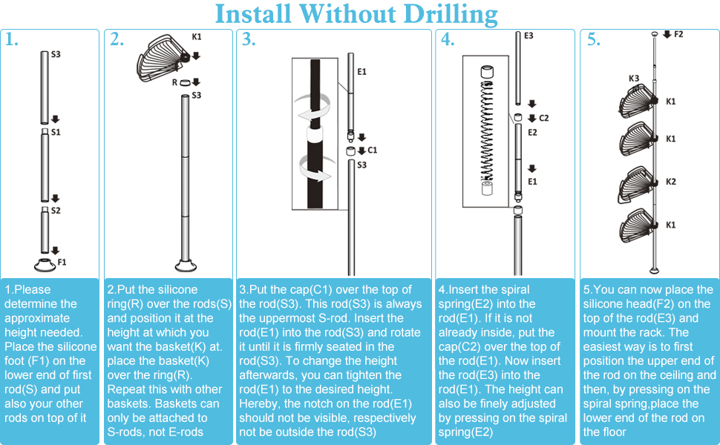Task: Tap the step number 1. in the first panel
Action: [11, 40]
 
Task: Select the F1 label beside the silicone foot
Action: [62, 262]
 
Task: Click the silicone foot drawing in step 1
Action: [45, 265]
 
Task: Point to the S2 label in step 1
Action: [56, 211]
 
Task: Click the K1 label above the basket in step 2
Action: [197, 36]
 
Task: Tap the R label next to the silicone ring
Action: [174, 82]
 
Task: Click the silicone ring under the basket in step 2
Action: [185, 83]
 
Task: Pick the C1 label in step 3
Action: [372, 150]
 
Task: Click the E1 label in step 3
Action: [361, 71]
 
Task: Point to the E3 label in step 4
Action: [528, 36]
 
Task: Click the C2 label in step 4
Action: [543, 118]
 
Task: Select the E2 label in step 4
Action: [532, 133]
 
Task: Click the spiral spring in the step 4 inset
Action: [487, 131]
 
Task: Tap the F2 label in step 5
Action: [678, 34]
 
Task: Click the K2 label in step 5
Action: [671, 182]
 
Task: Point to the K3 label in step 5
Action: [634, 79]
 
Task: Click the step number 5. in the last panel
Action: [594, 40]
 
